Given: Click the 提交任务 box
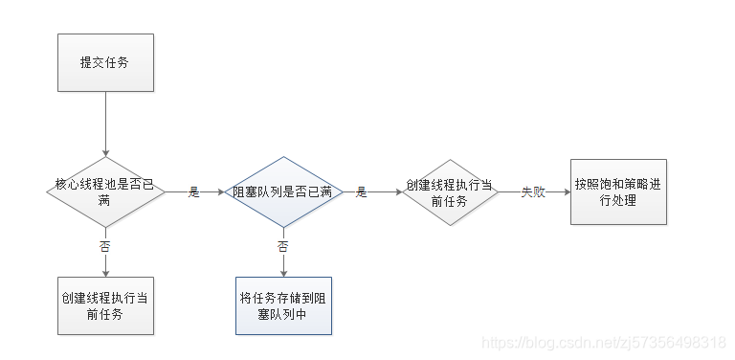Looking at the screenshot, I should click(105, 61).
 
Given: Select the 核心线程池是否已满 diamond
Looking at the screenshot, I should click(105, 191).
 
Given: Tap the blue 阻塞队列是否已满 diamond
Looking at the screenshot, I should click(282, 191).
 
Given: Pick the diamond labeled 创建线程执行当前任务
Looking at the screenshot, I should click(450, 191).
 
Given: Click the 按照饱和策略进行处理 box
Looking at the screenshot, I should click(618, 191).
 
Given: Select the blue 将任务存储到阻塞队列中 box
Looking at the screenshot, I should click(283, 305).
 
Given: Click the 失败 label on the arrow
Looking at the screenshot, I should click(533, 191).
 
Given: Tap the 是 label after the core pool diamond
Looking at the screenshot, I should click(194, 191).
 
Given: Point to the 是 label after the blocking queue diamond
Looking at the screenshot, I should click(362, 191).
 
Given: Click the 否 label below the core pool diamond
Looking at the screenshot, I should click(105, 246).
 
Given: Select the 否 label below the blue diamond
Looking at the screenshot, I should click(282, 246).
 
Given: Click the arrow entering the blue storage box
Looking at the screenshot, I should click(282, 265).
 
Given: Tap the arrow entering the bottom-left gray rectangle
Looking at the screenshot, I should click(105, 265).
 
